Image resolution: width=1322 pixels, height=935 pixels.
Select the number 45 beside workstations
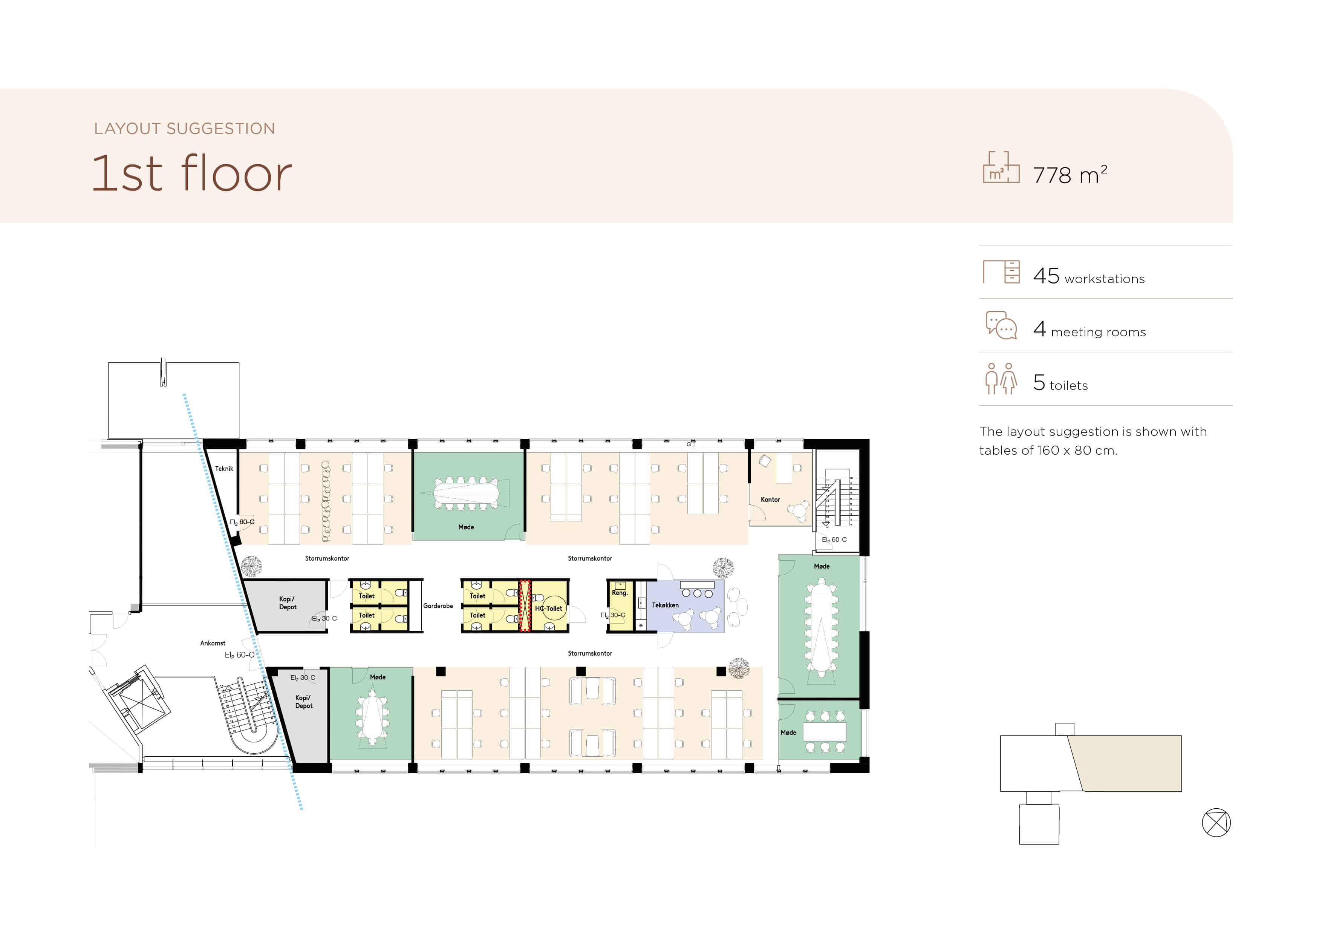[x=1046, y=276]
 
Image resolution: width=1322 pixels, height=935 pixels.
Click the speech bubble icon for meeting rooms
[x=1001, y=325]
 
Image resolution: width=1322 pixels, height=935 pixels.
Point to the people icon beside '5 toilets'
[x=1001, y=379]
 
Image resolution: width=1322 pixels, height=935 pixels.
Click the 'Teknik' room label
[x=224, y=468]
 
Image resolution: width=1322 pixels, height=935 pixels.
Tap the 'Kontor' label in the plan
[x=770, y=500]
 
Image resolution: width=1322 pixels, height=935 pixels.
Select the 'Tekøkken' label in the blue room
[x=665, y=605]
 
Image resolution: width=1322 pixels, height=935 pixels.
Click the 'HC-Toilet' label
[x=548, y=609]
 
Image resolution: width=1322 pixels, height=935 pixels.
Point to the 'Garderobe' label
[x=438, y=605]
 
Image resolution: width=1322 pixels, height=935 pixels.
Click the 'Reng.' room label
[x=620, y=593]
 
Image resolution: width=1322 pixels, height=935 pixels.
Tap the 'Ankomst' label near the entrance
[x=213, y=643]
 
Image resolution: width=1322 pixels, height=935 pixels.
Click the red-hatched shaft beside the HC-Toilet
[x=525, y=606]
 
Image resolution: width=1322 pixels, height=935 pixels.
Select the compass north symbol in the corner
[x=1216, y=822]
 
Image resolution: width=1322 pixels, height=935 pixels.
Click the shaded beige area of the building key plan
[x=1126, y=763]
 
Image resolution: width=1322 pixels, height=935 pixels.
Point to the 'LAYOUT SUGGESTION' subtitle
[x=185, y=129]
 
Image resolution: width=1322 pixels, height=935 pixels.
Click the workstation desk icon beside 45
[x=1001, y=272]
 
